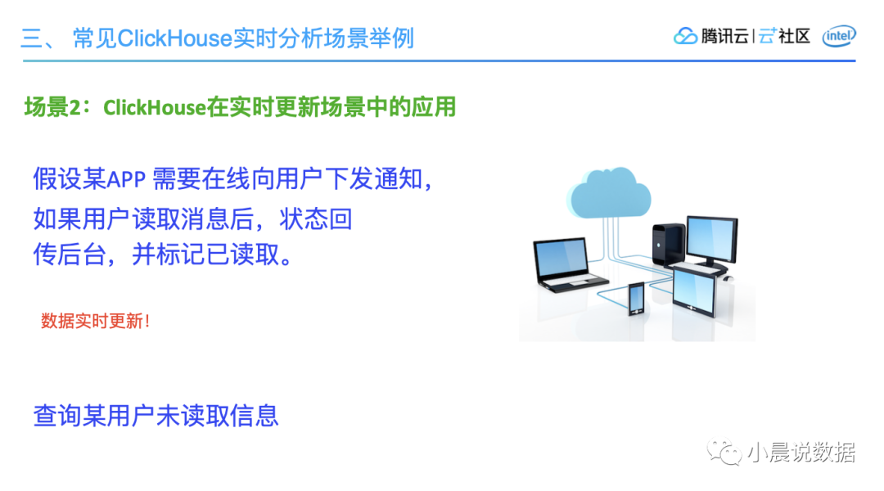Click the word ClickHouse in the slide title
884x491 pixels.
(175, 38)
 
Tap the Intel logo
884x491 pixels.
(839, 36)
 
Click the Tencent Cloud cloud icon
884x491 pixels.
(685, 36)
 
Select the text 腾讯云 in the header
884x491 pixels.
(724, 36)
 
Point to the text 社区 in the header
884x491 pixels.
(794, 36)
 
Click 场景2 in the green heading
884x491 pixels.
(52, 106)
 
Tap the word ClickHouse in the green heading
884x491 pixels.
(155, 107)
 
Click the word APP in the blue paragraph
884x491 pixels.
(126, 179)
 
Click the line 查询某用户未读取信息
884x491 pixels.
(156, 416)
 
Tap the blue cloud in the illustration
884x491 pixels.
(609, 193)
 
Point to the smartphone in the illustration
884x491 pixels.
(636, 298)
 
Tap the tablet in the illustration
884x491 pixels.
(694, 291)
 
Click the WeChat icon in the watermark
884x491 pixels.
(724, 452)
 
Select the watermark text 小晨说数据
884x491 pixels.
(801, 452)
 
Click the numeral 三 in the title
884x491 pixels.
(31, 39)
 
